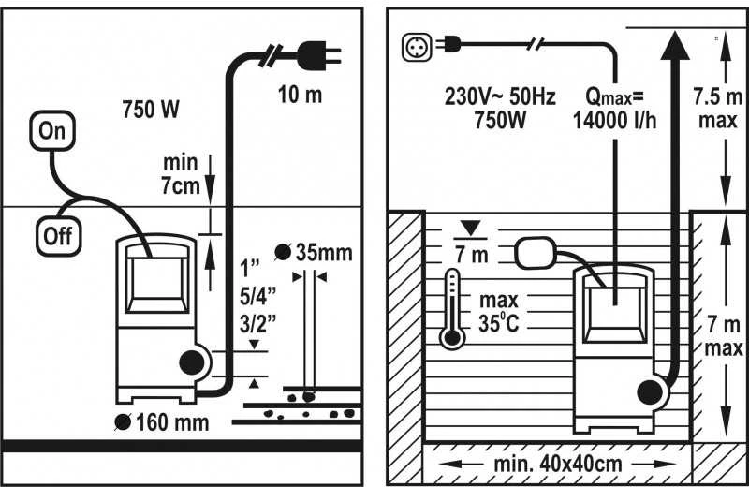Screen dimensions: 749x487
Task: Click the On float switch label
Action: [52, 130]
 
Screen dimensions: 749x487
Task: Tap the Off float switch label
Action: [59, 236]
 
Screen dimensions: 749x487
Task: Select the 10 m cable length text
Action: [300, 95]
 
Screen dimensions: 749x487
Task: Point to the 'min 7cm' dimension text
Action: [180, 174]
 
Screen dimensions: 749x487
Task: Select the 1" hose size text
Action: [249, 269]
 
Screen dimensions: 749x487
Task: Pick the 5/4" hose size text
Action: [258, 296]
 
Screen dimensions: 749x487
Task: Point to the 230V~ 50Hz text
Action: [500, 97]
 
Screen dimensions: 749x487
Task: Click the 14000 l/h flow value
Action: [615, 120]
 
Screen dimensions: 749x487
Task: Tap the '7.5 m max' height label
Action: [718, 109]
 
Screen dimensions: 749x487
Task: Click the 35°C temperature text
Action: [499, 323]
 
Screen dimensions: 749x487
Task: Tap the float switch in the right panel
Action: [536, 253]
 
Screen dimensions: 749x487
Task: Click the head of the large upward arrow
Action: [675, 44]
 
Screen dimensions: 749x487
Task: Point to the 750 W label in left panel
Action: [151, 109]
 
